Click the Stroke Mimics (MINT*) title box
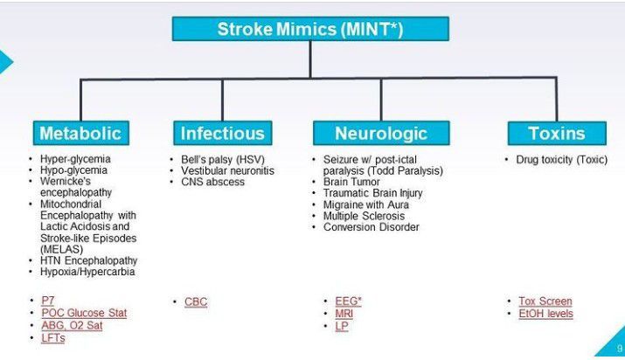(310, 29)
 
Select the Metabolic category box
(80, 133)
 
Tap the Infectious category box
(222, 133)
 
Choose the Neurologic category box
(381, 133)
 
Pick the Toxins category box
(556, 133)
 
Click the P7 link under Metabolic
(48, 301)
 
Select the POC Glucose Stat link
(84, 314)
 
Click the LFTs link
(52, 338)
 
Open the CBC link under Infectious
(196, 301)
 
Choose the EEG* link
(348, 301)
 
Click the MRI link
(344, 314)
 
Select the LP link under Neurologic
(341, 326)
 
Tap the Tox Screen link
(545, 301)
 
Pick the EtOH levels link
(545, 314)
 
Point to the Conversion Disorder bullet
(371, 227)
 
